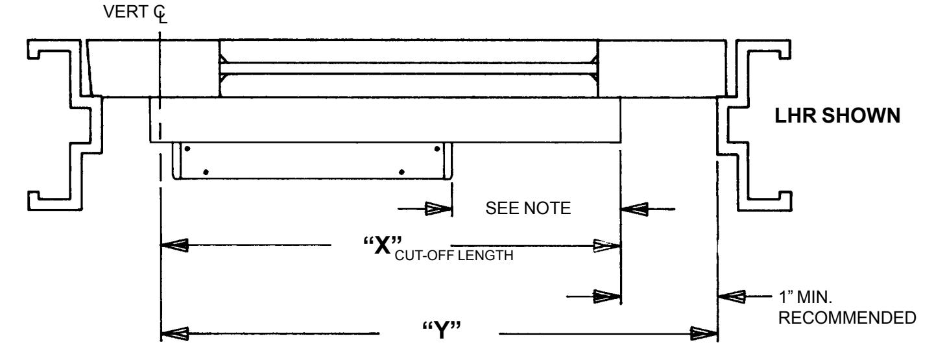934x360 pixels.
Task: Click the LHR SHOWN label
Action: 837,115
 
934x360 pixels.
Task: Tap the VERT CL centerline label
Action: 135,13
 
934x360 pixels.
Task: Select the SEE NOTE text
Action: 528,208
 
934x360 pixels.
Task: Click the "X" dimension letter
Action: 383,245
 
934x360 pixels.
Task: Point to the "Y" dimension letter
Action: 442,331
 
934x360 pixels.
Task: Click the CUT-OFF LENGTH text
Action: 454,256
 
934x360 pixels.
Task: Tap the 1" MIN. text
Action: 805,298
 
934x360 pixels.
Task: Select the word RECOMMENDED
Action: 847,318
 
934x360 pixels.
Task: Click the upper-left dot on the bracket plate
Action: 187,149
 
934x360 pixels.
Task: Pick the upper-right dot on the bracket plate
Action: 437,149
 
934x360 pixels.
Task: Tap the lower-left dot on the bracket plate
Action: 206,172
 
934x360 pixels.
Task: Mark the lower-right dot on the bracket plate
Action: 401,172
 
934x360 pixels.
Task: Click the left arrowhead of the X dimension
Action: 174,245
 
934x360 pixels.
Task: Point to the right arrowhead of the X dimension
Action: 607,246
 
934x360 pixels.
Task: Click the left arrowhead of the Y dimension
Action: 174,333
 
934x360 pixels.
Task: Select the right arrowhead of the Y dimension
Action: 704,333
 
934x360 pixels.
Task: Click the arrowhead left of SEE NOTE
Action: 438,209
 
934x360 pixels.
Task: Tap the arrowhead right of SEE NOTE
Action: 634,209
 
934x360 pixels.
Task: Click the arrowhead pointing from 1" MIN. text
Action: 732,296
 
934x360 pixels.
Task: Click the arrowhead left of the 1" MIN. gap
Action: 607,296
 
